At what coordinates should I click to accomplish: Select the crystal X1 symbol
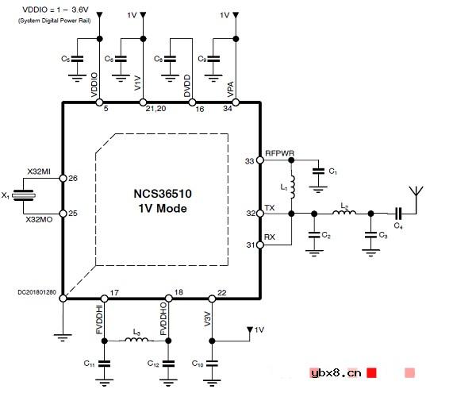[27, 195]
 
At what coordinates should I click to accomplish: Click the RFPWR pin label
[280, 153]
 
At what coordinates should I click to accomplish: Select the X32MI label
[39, 172]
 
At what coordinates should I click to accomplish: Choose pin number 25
[73, 214]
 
